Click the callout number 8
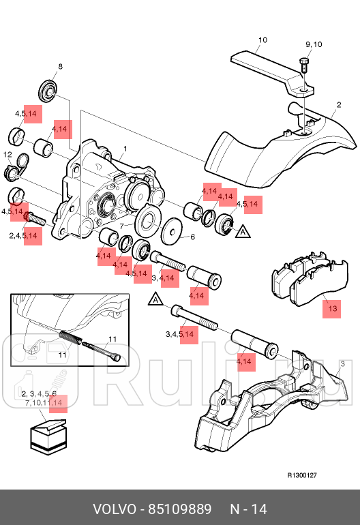pos(60,66)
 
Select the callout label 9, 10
pos(314,44)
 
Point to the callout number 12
pos(7,154)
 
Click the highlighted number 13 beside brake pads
pos(332,308)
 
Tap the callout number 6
pos(192,237)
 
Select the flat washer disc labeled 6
pos(172,230)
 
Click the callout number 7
pos(121,226)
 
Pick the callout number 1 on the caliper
pos(125,149)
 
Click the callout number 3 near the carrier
pos(342,363)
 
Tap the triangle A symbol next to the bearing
pos(243,232)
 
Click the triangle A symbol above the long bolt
pos(155,299)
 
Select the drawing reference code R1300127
pos(302,475)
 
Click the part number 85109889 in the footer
pos(180,509)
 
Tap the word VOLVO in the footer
pos(115,509)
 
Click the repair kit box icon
pos(48,438)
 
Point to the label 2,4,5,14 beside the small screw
pos(23,236)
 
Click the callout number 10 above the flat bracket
pos(263,40)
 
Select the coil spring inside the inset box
pos(70,337)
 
